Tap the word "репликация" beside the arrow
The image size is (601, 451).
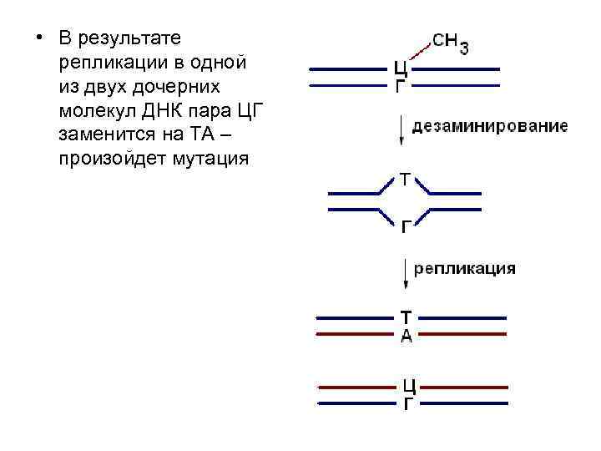(x=465, y=269)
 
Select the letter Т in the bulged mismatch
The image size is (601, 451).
(x=405, y=180)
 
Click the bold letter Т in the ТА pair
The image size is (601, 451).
(x=406, y=318)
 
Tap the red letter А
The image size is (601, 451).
(x=406, y=336)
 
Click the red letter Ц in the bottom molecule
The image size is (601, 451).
(x=409, y=387)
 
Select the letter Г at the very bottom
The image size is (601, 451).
(x=409, y=404)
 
